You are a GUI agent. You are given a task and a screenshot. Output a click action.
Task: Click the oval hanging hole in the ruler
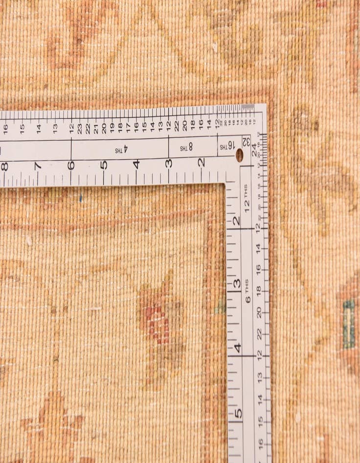pos(239,155)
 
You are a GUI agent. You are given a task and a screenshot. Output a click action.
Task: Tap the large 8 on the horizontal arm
pos(4,166)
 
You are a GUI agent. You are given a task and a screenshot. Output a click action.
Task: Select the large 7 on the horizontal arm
pos(38,165)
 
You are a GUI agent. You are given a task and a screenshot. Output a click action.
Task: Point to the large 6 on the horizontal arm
pos(71,165)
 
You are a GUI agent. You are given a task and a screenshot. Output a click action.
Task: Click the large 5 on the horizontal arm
pos(104,165)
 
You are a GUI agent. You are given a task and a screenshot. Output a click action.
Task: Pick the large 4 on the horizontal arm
pos(136,164)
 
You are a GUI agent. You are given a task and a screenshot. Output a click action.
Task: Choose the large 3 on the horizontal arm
pos(168,163)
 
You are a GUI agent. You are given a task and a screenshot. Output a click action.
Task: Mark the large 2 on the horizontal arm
pos(201,162)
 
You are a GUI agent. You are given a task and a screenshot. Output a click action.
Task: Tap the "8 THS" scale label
pos(186,147)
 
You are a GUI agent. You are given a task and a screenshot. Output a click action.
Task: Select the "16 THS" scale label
pos(227,146)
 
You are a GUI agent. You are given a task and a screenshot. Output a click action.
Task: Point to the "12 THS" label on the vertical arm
pos(247,198)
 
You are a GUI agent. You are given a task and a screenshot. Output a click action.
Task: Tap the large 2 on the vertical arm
pos(237,221)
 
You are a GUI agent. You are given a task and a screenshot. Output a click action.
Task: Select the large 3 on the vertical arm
pos(237,283)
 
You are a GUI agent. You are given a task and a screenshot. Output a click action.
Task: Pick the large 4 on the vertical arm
pos(238,348)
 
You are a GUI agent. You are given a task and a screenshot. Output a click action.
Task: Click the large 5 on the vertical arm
pos(238,413)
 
